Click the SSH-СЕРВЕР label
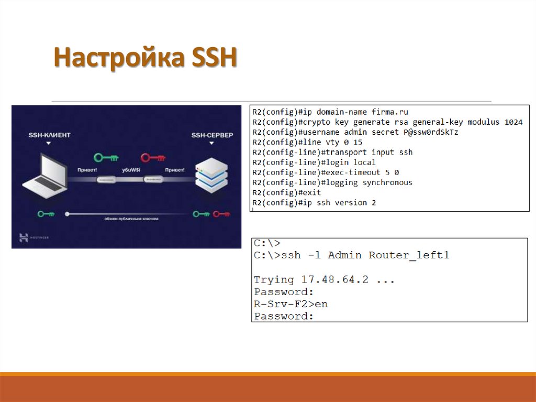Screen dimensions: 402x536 pos(212,135)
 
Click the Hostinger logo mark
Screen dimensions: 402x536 pos(24,237)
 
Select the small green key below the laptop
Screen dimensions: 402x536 pos(46,213)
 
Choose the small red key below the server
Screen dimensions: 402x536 pos(221,213)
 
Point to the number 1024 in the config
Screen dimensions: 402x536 pos(513,122)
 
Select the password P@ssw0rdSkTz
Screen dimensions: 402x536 pos(430,132)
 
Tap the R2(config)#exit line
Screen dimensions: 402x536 pos(286,192)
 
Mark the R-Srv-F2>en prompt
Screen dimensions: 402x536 pos(291,304)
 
